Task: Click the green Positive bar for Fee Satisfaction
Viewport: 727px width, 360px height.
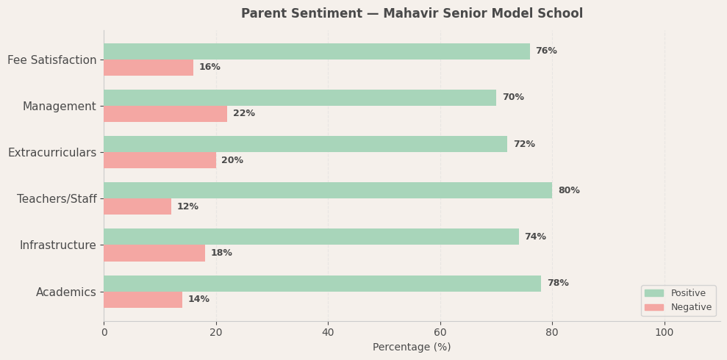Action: (316, 51)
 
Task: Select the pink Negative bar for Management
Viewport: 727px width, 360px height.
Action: (165, 114)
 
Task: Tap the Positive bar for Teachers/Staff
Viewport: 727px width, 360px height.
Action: (327, 190)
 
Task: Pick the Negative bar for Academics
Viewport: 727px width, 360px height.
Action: (143, 300)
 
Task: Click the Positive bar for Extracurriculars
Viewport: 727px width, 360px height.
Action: (305, 144)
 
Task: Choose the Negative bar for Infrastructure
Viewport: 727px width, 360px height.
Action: (154, 253)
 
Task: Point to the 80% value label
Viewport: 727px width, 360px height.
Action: (568, 191)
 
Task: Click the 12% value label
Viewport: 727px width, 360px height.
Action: (187, 207)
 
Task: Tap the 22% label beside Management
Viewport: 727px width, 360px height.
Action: (243, 114)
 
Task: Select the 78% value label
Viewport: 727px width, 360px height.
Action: (557, 284)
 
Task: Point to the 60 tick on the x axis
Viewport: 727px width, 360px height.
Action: (440, 333)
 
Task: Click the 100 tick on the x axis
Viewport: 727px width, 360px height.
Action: (665, 333)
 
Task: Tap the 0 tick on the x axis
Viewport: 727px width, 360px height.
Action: (104, 333)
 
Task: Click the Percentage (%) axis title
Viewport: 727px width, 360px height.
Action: (412, 348)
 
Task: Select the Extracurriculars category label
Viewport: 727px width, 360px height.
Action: (52, 153)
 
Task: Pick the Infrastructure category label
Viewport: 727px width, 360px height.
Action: (57, 245)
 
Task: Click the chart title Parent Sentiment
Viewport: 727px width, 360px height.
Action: (412, 14)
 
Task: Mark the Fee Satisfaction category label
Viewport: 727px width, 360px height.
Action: (52, 60)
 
